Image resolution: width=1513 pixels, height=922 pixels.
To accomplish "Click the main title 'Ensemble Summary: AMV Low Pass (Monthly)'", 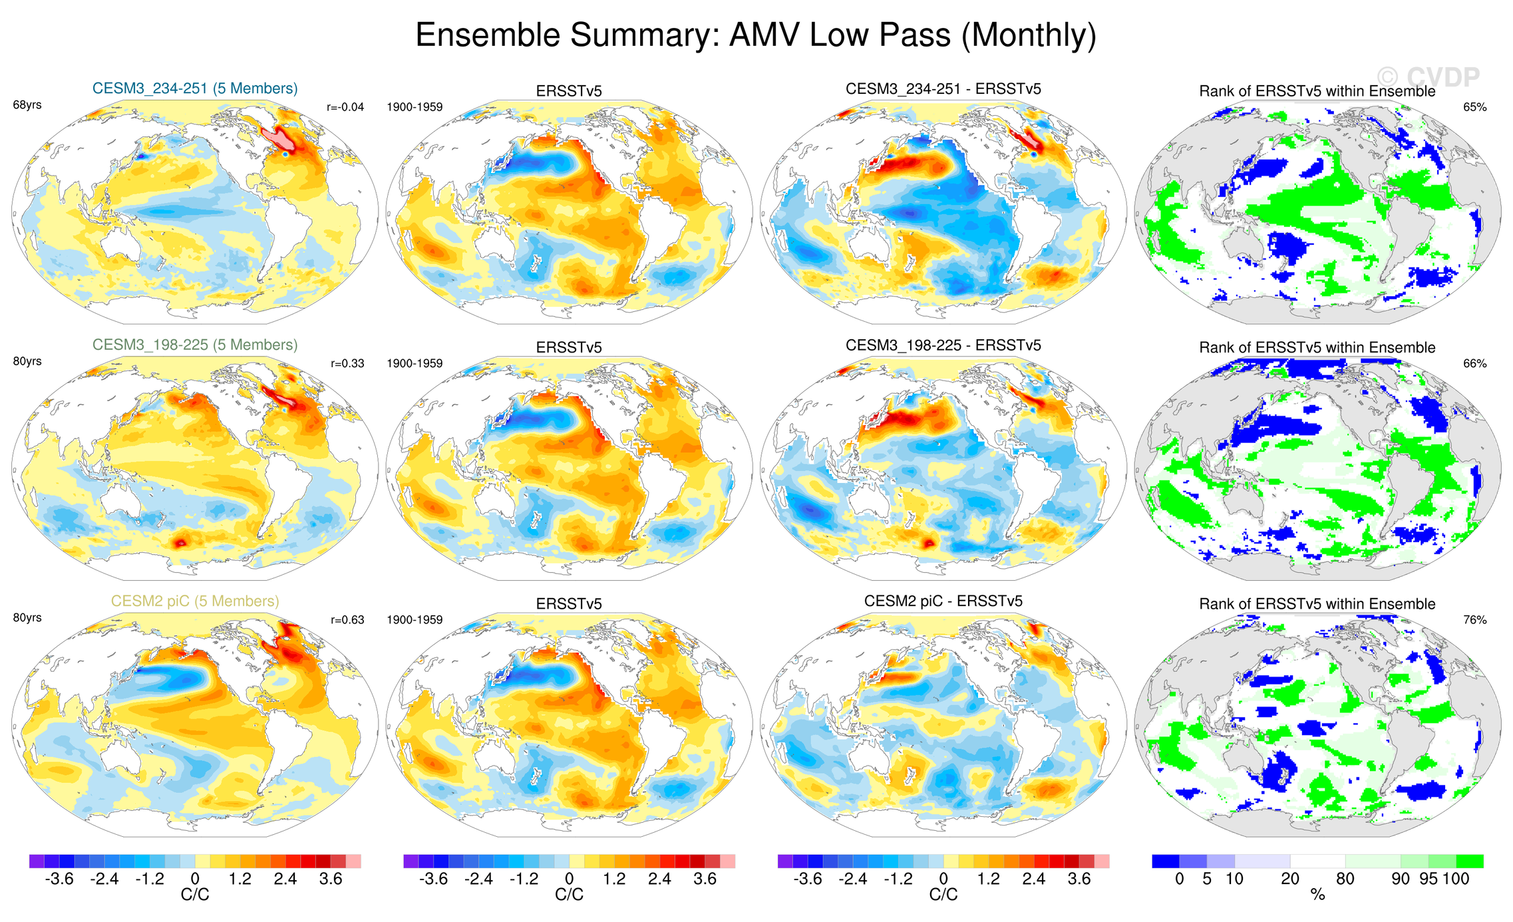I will click(756, 35).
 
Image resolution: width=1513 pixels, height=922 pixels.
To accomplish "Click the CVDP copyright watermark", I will click(1428, 78).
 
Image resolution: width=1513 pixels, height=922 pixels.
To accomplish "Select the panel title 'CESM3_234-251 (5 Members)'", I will click(195, 88).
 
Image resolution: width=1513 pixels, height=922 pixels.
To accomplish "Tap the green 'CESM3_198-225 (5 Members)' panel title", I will click(195, 345).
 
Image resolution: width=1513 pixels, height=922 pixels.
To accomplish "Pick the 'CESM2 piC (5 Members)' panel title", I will click(195, 601).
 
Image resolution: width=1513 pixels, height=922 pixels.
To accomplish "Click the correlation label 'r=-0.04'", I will click(345, 107).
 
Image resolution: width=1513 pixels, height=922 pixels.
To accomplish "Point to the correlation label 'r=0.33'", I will click(347, 363).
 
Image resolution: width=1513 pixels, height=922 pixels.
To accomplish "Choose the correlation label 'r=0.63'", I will click(347, 619).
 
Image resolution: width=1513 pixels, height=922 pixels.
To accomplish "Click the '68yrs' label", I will click(27, 105).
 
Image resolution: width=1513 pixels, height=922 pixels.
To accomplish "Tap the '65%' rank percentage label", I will click(1474, 107).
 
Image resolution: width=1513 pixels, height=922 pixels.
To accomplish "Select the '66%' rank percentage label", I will click(1474, 363).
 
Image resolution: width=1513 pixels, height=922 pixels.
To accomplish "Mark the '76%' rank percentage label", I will click(1474, 619).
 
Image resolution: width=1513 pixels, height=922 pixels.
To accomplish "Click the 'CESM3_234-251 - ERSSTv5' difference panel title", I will click(943, 89).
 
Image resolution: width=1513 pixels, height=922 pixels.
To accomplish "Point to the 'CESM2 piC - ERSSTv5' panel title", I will click(943, 601).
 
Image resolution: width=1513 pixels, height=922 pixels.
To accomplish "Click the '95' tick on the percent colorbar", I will click(1428, 879).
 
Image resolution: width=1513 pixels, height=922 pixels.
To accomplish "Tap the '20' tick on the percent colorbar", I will click(1289, 879).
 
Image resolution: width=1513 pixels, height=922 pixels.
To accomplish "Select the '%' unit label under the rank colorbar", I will click(1317, 895).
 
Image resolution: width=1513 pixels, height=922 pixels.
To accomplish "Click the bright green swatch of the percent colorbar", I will click(1469, 861).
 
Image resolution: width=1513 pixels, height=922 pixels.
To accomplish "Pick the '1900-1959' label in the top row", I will click(415, 107).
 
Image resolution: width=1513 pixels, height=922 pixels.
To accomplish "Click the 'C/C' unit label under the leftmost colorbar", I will click(195, 895).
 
